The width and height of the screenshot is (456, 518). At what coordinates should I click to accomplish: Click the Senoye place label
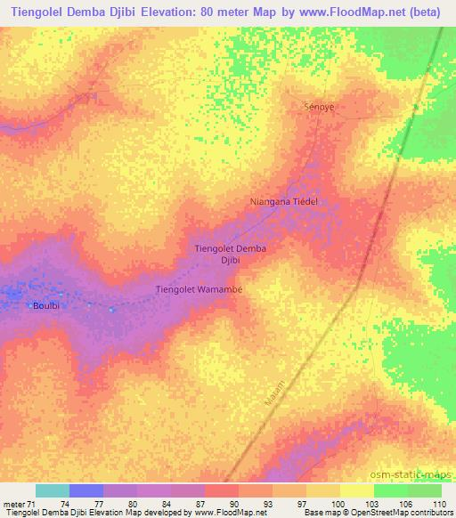click(x=320, y=106)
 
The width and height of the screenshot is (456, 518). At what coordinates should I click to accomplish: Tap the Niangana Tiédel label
click(x=284, y=202)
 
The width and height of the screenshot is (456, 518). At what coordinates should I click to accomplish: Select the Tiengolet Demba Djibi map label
click(x=231, y=255)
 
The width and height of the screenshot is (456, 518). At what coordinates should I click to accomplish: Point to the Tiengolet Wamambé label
click(x=199, y=289)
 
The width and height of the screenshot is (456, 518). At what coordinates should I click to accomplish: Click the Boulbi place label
click(x=46, y=305)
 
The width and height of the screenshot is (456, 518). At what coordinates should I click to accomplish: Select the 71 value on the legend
click(x=37, y=503)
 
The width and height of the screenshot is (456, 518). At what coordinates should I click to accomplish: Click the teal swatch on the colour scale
click(x=53, y=490)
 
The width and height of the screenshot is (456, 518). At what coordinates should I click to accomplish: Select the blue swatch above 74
click(x=86, y=490)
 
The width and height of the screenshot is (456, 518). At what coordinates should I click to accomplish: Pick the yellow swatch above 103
click(x=357, y=490)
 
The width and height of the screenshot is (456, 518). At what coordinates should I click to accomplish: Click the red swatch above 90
click(x=222, y=490)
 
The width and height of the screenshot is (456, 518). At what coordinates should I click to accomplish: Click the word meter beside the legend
click(x=16, y=503)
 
